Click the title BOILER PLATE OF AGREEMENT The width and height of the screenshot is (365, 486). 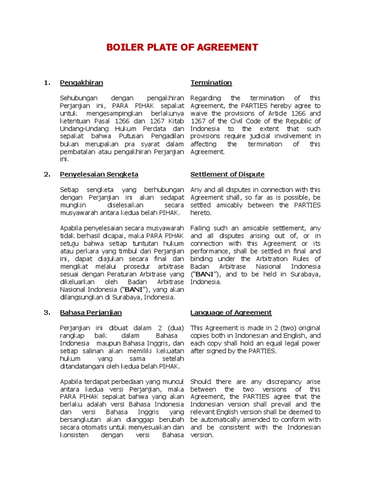pos(182,47)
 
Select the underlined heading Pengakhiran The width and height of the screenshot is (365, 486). pos(81,83)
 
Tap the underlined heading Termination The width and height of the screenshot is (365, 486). pos(211,83)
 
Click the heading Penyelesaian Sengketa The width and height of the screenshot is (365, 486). pos(99,174)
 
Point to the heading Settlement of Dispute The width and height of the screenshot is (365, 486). pos(227,174)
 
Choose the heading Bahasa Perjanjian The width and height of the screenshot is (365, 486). pos(91,312)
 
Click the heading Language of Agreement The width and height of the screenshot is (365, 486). pos(231,312)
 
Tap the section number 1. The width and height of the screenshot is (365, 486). pos(47,83)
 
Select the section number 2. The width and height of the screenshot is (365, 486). pos(47,174)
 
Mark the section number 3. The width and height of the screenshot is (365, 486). pos(47,312)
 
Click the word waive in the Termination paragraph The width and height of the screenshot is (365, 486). pos(199,113)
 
